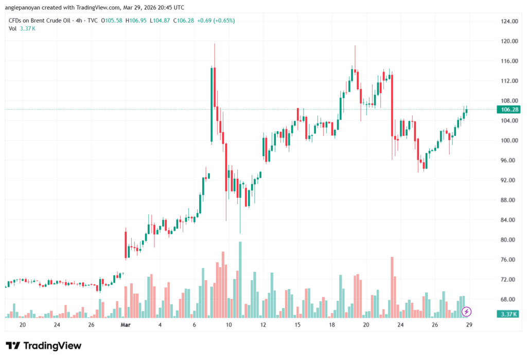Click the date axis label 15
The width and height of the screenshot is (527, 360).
click(x=297, y=325)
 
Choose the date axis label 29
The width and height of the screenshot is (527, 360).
click(x=469, y=325)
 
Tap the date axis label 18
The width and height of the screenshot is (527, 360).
click(x=332, y=325)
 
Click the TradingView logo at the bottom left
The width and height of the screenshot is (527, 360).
click(x=43, y=346)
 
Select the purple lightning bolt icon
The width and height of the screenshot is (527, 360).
click(x=466, y=311)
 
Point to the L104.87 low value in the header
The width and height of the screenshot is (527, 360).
click(x=158, y=21)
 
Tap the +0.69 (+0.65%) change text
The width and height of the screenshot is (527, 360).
click(x=216, y=21)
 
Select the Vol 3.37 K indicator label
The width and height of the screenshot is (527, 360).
click(x=22, y=28)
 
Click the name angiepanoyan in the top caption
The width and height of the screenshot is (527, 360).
click(x=23, y=7)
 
